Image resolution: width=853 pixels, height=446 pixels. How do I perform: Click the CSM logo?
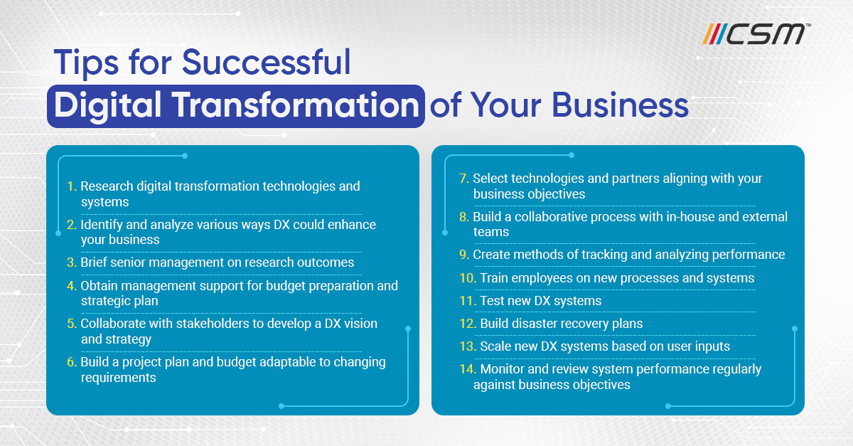click(x=756, y=34)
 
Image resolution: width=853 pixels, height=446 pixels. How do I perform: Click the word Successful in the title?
click(x=266, y=62)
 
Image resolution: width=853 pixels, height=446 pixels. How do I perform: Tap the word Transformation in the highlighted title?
click(x=296, y=105)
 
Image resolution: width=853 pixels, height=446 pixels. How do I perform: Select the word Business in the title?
click(x=620, y=105)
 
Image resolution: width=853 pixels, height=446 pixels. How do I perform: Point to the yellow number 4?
click(x=72, y=286)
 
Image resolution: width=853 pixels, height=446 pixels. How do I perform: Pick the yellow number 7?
click(x=463, y=179)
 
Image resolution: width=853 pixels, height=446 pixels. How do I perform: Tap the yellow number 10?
click(x=468, y=278)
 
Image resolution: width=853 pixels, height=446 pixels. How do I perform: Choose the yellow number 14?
click(x=468, y=369)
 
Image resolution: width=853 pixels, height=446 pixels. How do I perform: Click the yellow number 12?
click(x=468, y=324)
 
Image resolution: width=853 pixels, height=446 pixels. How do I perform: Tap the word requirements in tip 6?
click(x=119, y=378)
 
